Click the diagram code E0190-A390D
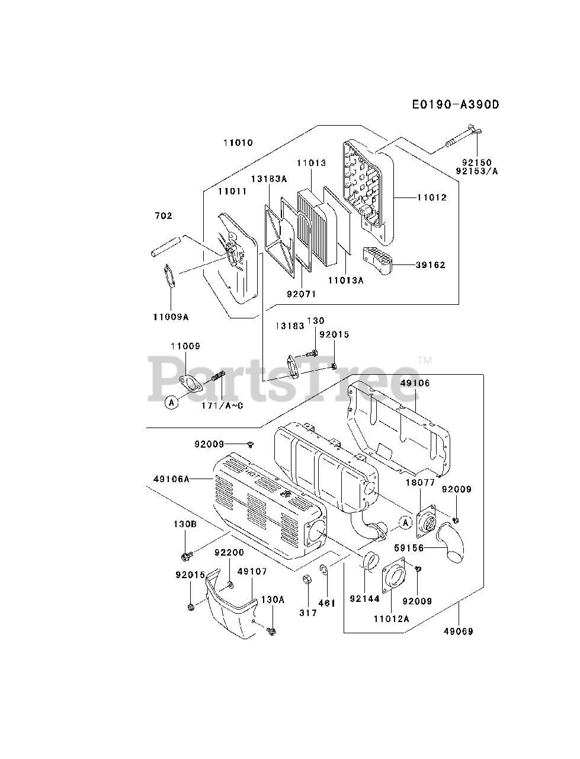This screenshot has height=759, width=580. [456, 105]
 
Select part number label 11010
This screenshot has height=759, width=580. [238, 143]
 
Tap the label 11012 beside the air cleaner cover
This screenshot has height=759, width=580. [431, 197]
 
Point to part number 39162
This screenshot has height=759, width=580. [430, 265]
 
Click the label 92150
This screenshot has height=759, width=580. [477, 162]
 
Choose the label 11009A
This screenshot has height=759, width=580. [170, 317]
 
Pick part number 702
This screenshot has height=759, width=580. [163, 216]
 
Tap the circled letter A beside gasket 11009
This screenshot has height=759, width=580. [172, 402]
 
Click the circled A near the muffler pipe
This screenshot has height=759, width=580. [405, 522]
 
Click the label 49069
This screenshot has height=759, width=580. [459, 632]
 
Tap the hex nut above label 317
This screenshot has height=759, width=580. [307, 579]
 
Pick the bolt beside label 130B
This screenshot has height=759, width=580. [187, 556]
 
